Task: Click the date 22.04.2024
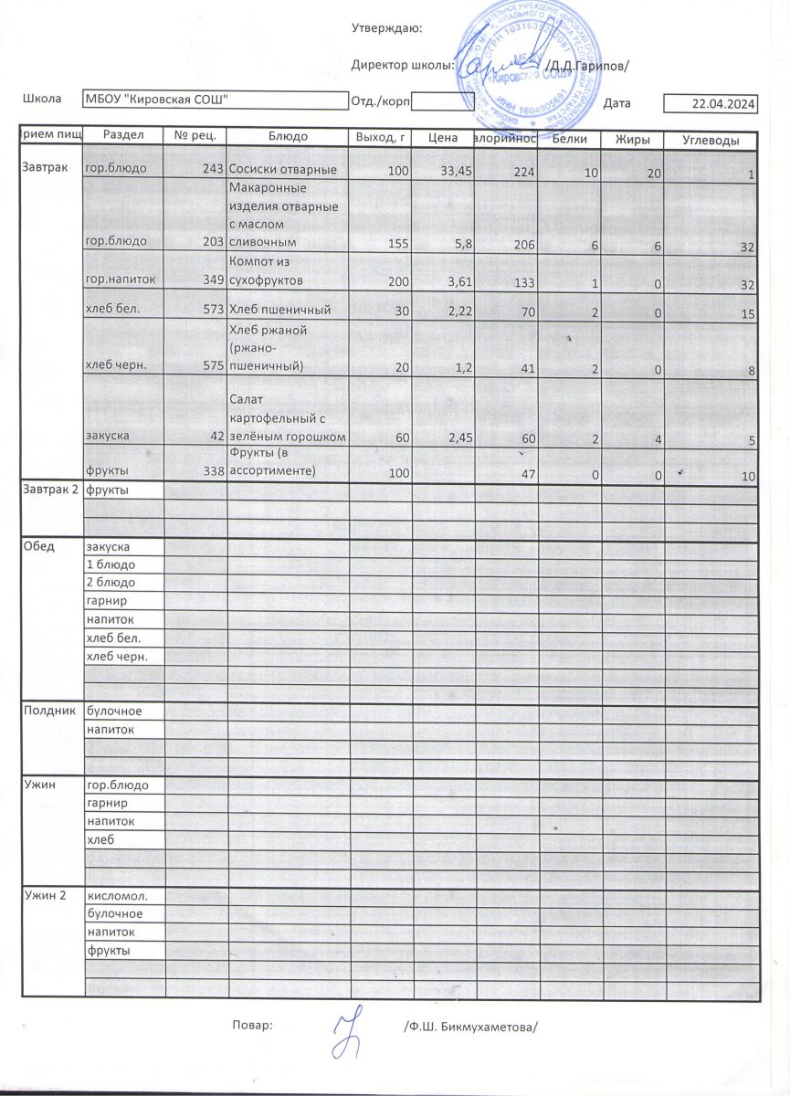724,105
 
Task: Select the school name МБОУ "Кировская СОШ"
156,100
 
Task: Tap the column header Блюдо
288,136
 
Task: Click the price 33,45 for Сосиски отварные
456,171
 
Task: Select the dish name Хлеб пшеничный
279,310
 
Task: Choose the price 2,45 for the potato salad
457,437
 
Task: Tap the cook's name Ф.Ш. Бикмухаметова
470,1026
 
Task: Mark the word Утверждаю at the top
386,28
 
